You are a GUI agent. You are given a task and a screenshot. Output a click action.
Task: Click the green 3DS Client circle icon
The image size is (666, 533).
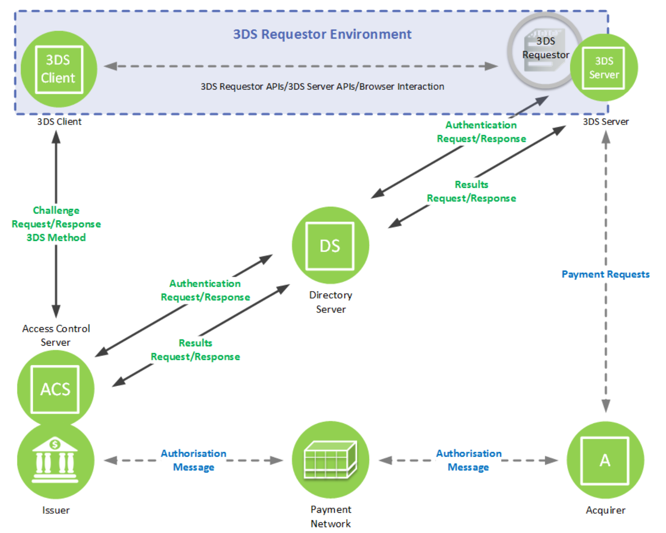pos(59,69)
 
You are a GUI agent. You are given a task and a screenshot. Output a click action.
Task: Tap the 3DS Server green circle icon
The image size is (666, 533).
pos(604,68)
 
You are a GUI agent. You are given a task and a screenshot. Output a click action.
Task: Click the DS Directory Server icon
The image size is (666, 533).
pos(330,245)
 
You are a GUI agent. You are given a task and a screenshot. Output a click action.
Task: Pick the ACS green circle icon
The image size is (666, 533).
pos(55,389)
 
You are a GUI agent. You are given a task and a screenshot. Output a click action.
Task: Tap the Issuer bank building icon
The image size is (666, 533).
pos(56,461)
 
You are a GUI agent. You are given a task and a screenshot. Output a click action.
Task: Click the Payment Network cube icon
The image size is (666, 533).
pos(330,460)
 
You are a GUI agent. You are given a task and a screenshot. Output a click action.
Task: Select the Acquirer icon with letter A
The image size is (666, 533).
pos(605,460)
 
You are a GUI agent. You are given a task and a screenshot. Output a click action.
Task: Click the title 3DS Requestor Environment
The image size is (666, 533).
pos(322,34)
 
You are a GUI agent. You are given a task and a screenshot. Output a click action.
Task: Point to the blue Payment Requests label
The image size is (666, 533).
pos(605,274)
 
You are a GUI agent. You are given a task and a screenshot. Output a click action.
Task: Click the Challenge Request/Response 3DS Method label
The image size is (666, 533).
pos(56,224)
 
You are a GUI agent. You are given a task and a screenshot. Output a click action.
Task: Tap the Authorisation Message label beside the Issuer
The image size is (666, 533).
pos(194,460)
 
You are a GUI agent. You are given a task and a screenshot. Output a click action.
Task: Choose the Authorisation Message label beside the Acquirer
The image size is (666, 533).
pos(469,460)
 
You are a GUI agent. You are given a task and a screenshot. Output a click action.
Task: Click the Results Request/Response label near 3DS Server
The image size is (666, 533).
pos(471,191)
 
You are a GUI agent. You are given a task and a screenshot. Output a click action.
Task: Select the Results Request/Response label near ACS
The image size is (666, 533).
pos(195,350)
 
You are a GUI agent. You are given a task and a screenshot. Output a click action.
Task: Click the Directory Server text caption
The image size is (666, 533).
pos(331,302)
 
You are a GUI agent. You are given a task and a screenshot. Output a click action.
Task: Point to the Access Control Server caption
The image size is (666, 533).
pos(56,335)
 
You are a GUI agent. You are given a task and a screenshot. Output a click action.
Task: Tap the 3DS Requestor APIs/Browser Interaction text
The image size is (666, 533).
pos(322,86)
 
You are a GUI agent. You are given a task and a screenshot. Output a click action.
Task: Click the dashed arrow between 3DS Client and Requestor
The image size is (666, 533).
pos(301,67)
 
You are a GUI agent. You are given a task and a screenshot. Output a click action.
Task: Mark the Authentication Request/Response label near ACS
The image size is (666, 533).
pos(205,290)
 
